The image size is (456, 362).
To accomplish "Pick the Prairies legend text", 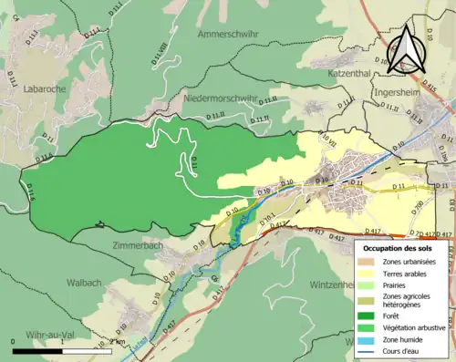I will (x=398, y=284).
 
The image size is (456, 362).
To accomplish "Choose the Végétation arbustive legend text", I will (x=414, y=327).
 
